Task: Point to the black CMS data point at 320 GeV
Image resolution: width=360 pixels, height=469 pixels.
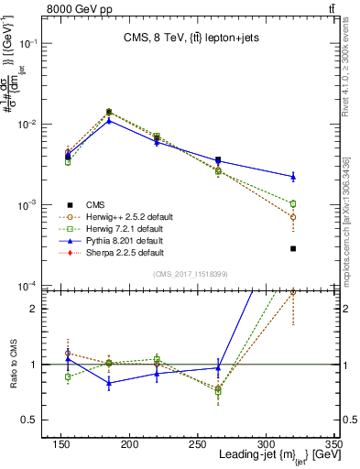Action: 293,248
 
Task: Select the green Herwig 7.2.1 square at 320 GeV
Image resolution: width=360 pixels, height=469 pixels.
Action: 293,203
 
